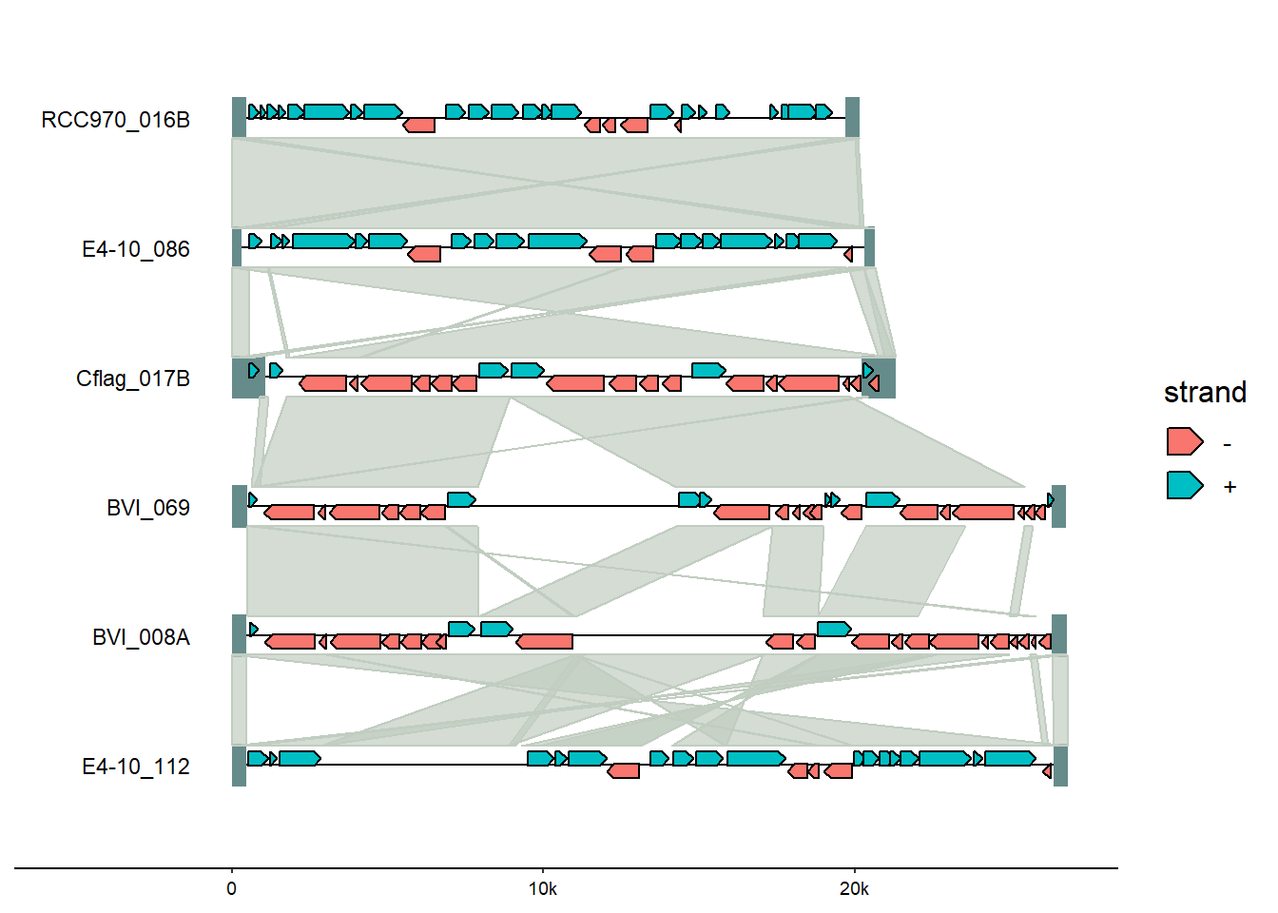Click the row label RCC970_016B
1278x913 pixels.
point(115,120)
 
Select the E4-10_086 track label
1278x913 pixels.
point(135,249)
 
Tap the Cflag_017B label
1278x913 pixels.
point(133,379)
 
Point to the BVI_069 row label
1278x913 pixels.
point(147,508)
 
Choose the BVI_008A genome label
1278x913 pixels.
point(141,637)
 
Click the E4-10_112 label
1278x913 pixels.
point(135,767)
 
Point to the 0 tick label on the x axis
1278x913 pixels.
point(232,889)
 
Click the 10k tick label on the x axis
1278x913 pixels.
point(543,889)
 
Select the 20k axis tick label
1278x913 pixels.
point(854,889)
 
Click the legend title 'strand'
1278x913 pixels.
point(1205,393)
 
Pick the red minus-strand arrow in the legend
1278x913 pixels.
point(1184,442)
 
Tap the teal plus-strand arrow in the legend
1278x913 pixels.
point(1184,486)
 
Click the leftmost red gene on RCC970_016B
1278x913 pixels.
point(418,126)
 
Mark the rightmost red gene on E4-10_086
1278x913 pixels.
point(848,255)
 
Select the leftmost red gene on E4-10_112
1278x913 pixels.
point(624,770)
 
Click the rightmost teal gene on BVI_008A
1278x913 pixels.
point(834,629)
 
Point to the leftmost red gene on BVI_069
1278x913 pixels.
point(289,513)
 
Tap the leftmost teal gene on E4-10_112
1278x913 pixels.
point(257,758)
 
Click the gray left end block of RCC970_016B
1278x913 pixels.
point(239,118)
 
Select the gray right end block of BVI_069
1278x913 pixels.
point(1058,506)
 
